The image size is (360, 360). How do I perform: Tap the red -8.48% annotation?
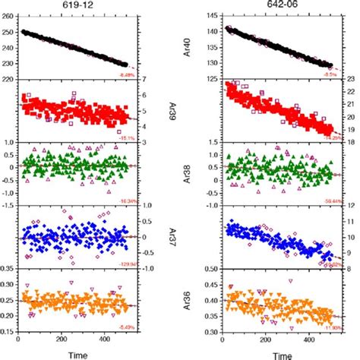[127, 74]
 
